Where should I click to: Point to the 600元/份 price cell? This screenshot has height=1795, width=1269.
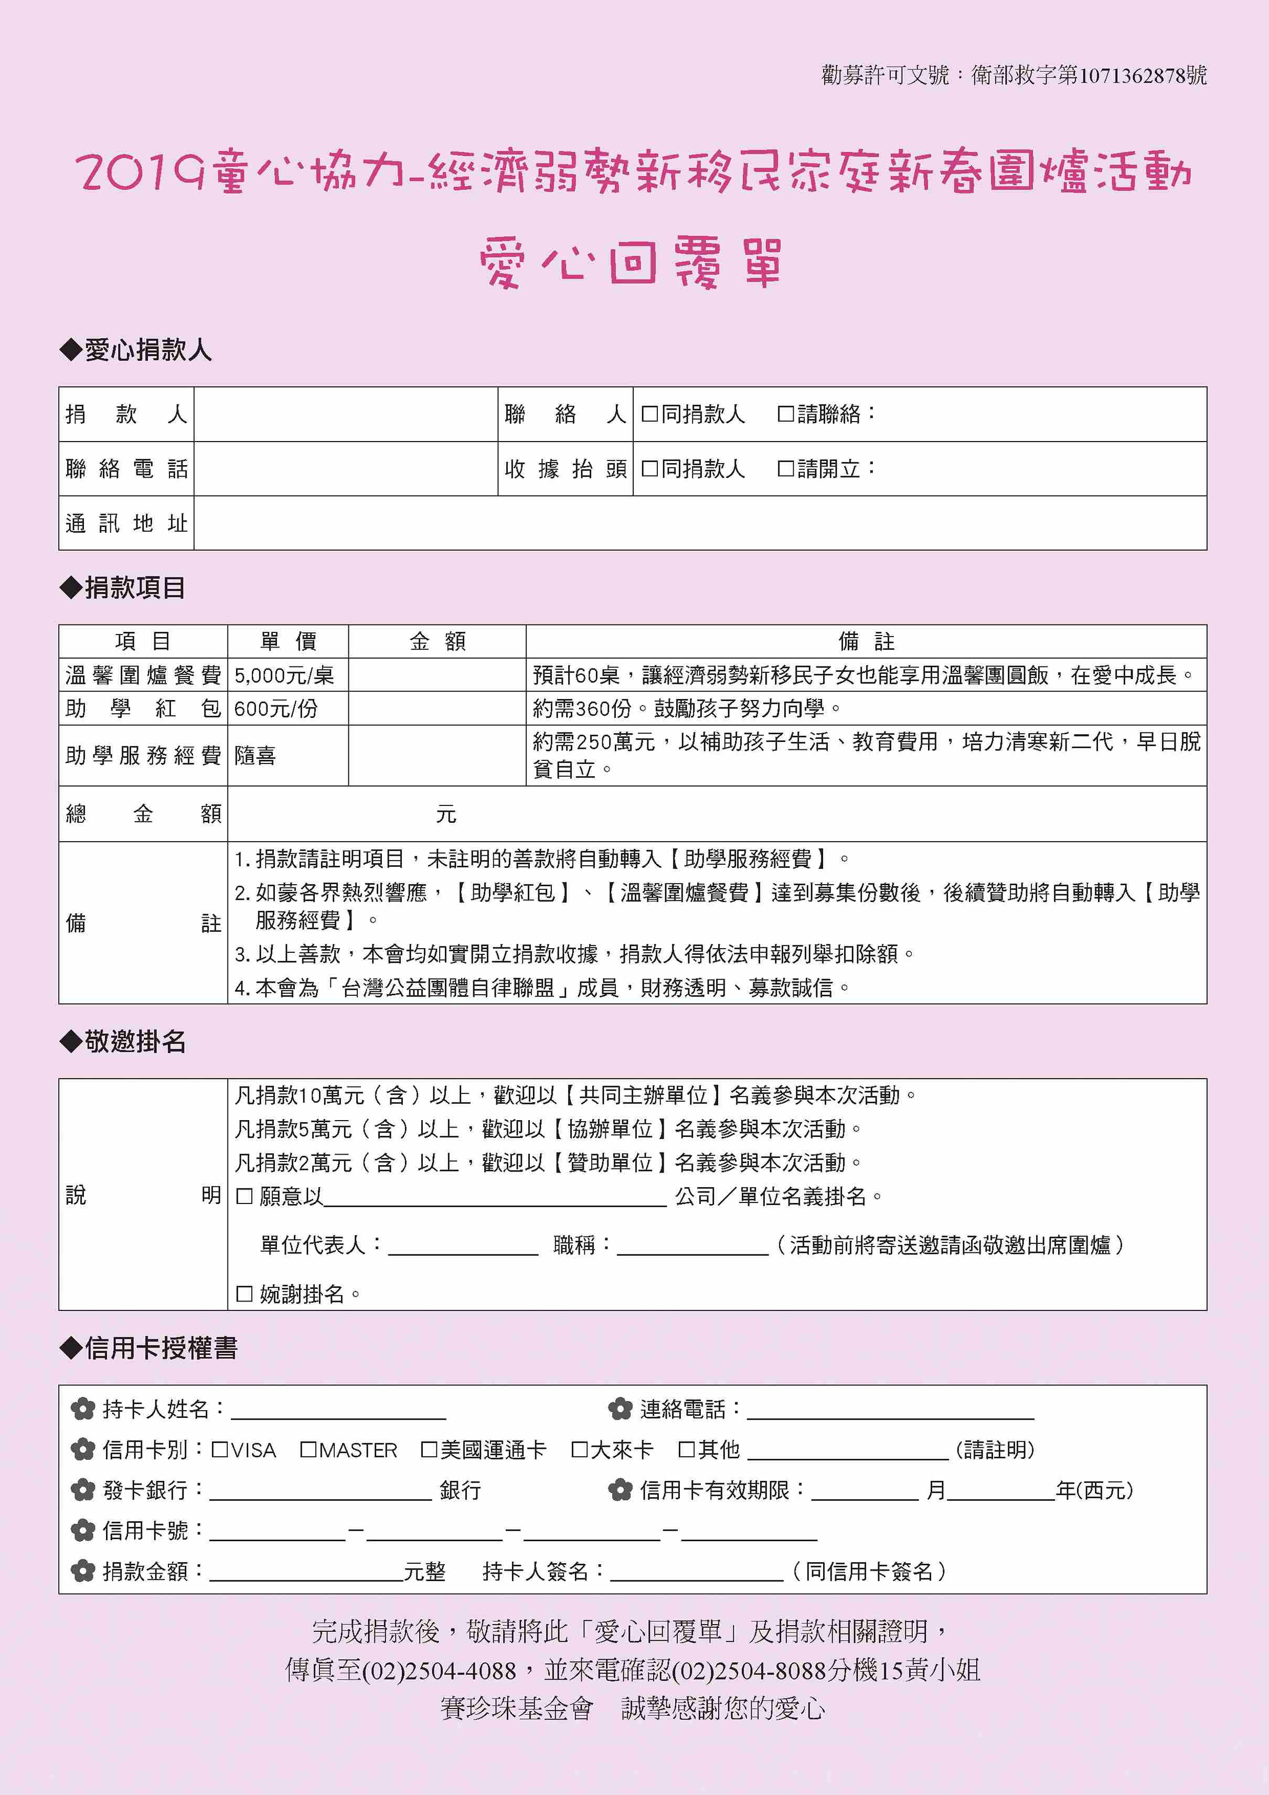(276, 708)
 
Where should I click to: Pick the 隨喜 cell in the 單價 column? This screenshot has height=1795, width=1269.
(255, 755)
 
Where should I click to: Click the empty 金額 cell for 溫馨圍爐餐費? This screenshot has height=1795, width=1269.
(436, 675)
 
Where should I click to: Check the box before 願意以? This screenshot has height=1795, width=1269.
(244, 1196)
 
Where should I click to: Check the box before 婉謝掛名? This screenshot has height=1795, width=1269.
(244, 1294)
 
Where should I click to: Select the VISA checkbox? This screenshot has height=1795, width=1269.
(220, 1450)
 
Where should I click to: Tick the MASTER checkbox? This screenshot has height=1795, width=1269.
(308, 1450)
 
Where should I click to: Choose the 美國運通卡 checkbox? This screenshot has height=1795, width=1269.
(429, 1450)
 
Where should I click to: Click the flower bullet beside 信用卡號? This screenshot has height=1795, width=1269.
(83, 1530)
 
